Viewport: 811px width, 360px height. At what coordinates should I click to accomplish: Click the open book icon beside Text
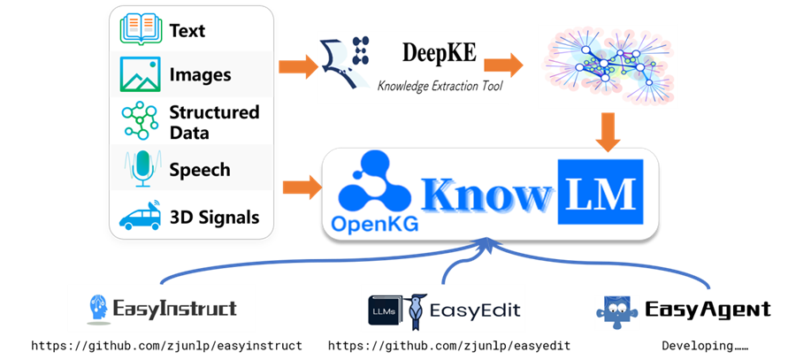(x=140, y=29)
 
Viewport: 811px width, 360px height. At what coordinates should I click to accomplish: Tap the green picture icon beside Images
(x=140, y=74)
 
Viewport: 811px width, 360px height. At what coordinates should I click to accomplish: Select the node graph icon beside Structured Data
(x=140, y=120)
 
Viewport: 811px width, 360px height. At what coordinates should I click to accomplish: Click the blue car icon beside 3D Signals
(x=140, y=215)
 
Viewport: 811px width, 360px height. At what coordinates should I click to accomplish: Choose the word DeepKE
(x=440, y=53)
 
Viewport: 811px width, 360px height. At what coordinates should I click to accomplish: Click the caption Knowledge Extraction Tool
(x=440, y=85)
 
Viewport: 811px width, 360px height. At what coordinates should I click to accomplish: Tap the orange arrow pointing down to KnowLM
(x=608, y=132)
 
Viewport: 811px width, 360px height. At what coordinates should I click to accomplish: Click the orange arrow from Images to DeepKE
(x=298, y=66)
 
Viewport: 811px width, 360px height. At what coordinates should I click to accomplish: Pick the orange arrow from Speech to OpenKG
(x=302, y=187)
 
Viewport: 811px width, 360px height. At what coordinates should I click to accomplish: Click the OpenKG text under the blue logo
(x=375, y=224)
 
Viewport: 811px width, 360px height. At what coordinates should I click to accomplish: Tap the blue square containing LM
(x=601, y=191)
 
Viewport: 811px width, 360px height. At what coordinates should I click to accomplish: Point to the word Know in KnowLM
(x=486, y=194)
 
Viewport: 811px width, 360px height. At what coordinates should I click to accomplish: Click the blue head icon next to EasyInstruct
(x=100, y=309)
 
